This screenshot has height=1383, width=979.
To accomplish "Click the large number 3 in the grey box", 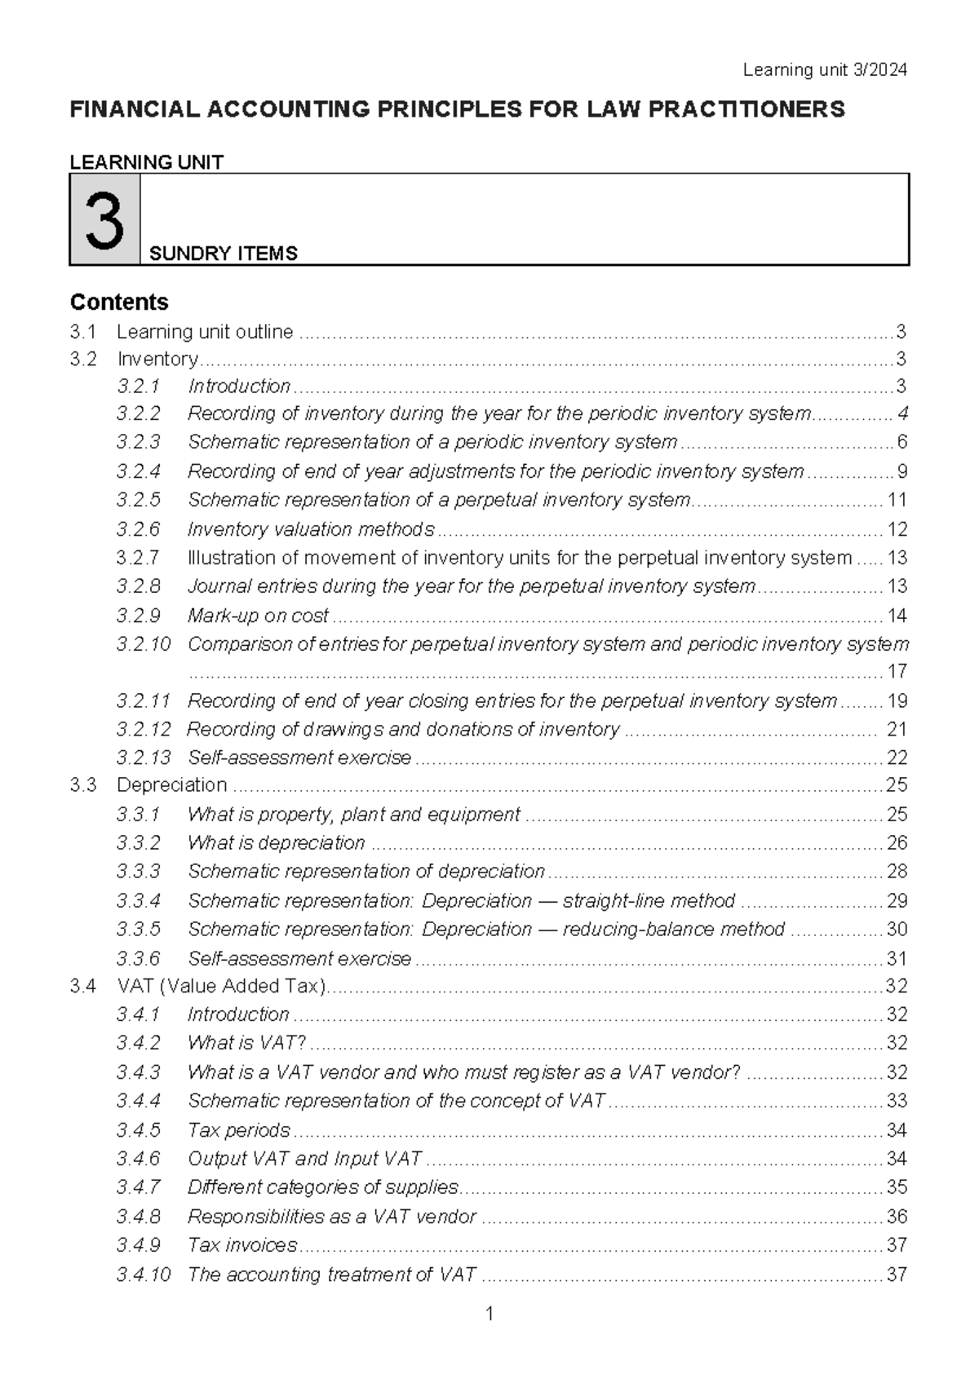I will [x=104, y=220].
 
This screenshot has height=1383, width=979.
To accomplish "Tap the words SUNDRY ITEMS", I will [x=223, y=254].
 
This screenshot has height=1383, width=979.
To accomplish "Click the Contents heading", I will [x=119, y=302].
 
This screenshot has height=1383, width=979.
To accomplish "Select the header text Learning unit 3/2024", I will [x=825, y=70].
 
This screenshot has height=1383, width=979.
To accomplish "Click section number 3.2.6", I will [x=139, y=529].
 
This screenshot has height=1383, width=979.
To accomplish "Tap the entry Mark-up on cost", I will [x=258, y=616].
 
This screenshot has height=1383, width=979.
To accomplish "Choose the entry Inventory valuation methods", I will [x=311, y=529].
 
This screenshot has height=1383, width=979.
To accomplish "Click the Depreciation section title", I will [x=171, y=784].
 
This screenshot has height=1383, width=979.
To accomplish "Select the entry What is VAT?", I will [x=246, y=1043].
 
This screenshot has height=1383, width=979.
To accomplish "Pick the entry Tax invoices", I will [x=242, y=1245].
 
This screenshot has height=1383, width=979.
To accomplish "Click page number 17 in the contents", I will [x=897, y=671].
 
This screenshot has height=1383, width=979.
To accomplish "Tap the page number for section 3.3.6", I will [x=897, y=958].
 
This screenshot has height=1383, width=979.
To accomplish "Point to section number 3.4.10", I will [x=144, y=1275].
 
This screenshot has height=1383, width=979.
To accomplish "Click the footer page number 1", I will [x=489, y=1314].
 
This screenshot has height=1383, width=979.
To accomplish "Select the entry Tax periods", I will [x=239, y=1130].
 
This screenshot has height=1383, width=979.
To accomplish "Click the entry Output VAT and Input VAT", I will [x=304, y=1159].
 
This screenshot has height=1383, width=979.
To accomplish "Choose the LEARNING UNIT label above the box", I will [x=147, y=162].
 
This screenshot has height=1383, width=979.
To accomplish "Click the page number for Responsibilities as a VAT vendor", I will [x=897, y=1217].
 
